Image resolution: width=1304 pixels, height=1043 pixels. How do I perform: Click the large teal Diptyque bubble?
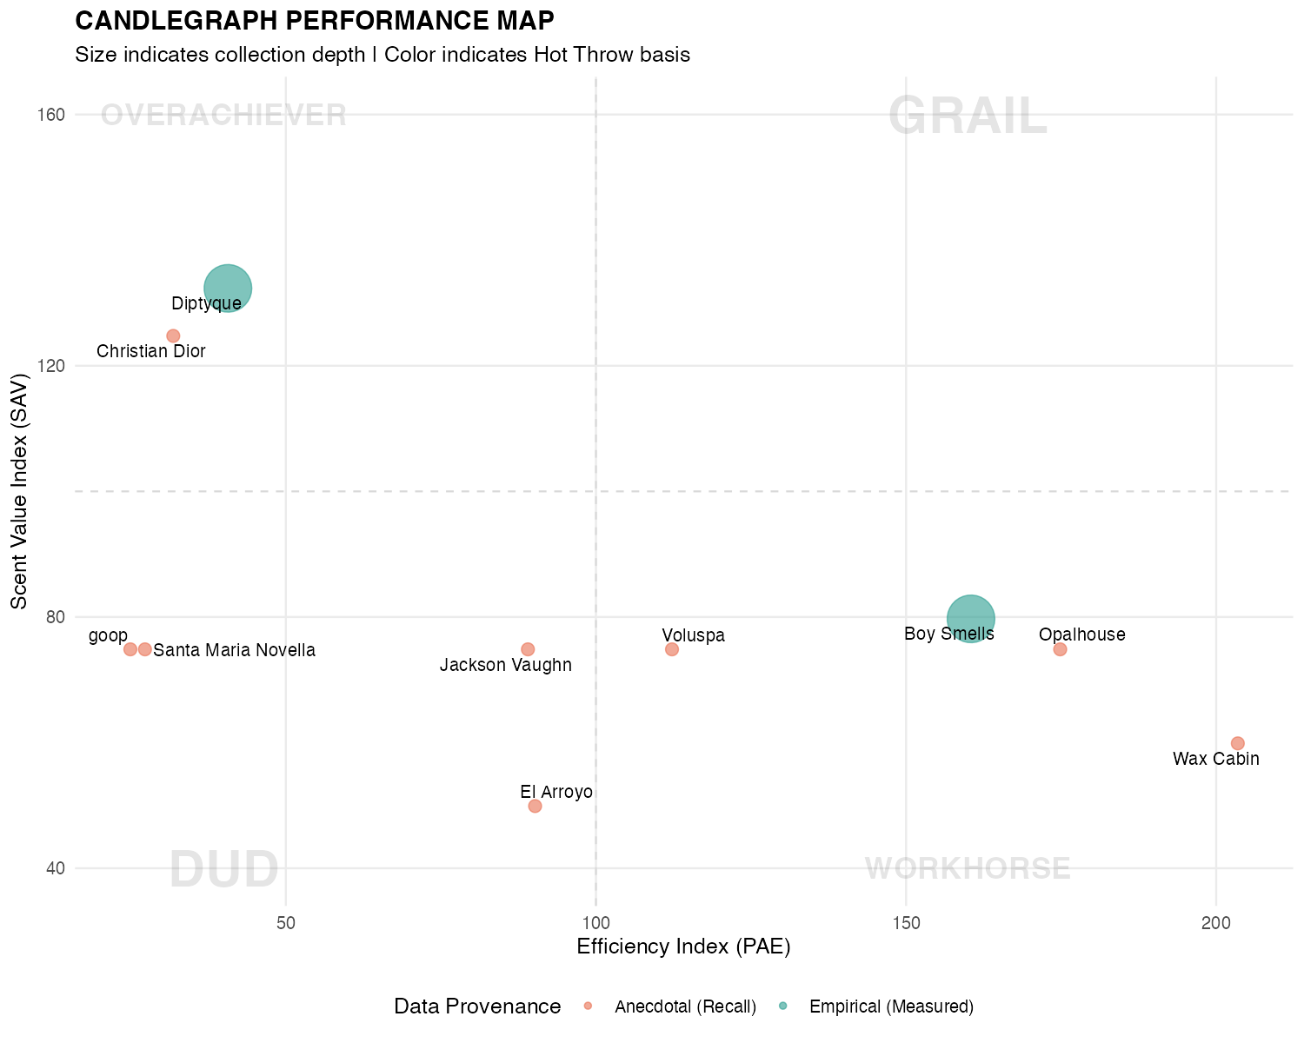[228, 288]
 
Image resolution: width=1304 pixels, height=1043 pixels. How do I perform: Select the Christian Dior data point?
[173, 335]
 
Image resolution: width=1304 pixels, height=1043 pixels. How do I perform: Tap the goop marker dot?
[130, 649]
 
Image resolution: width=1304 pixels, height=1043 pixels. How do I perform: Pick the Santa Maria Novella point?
[145, 649]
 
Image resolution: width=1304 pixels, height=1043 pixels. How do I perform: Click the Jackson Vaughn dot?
[528, 649]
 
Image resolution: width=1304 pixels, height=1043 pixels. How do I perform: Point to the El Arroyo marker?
[535, 806]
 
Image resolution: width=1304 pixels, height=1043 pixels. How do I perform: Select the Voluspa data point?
[671, 649]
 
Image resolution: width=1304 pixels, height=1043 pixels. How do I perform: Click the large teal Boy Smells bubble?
[970, 618]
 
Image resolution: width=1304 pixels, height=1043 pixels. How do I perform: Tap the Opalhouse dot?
[1060, 649]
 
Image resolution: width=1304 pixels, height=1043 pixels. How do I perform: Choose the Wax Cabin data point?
[1237, 743]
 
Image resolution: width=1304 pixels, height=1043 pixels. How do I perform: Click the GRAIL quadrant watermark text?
[967, 116]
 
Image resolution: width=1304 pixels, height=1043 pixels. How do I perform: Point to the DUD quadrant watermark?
[223, 869]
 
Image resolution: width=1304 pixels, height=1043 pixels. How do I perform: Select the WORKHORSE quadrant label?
[967, 868]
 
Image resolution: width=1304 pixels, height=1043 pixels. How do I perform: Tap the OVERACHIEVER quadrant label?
[223, 116]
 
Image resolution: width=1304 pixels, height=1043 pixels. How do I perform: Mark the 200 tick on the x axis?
[1215, 921]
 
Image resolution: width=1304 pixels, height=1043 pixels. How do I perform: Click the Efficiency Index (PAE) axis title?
[683, 947]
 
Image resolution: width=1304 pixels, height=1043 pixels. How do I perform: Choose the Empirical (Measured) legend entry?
[890, 1006]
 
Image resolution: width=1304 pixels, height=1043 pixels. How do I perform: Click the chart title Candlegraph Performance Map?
[315, 20]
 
